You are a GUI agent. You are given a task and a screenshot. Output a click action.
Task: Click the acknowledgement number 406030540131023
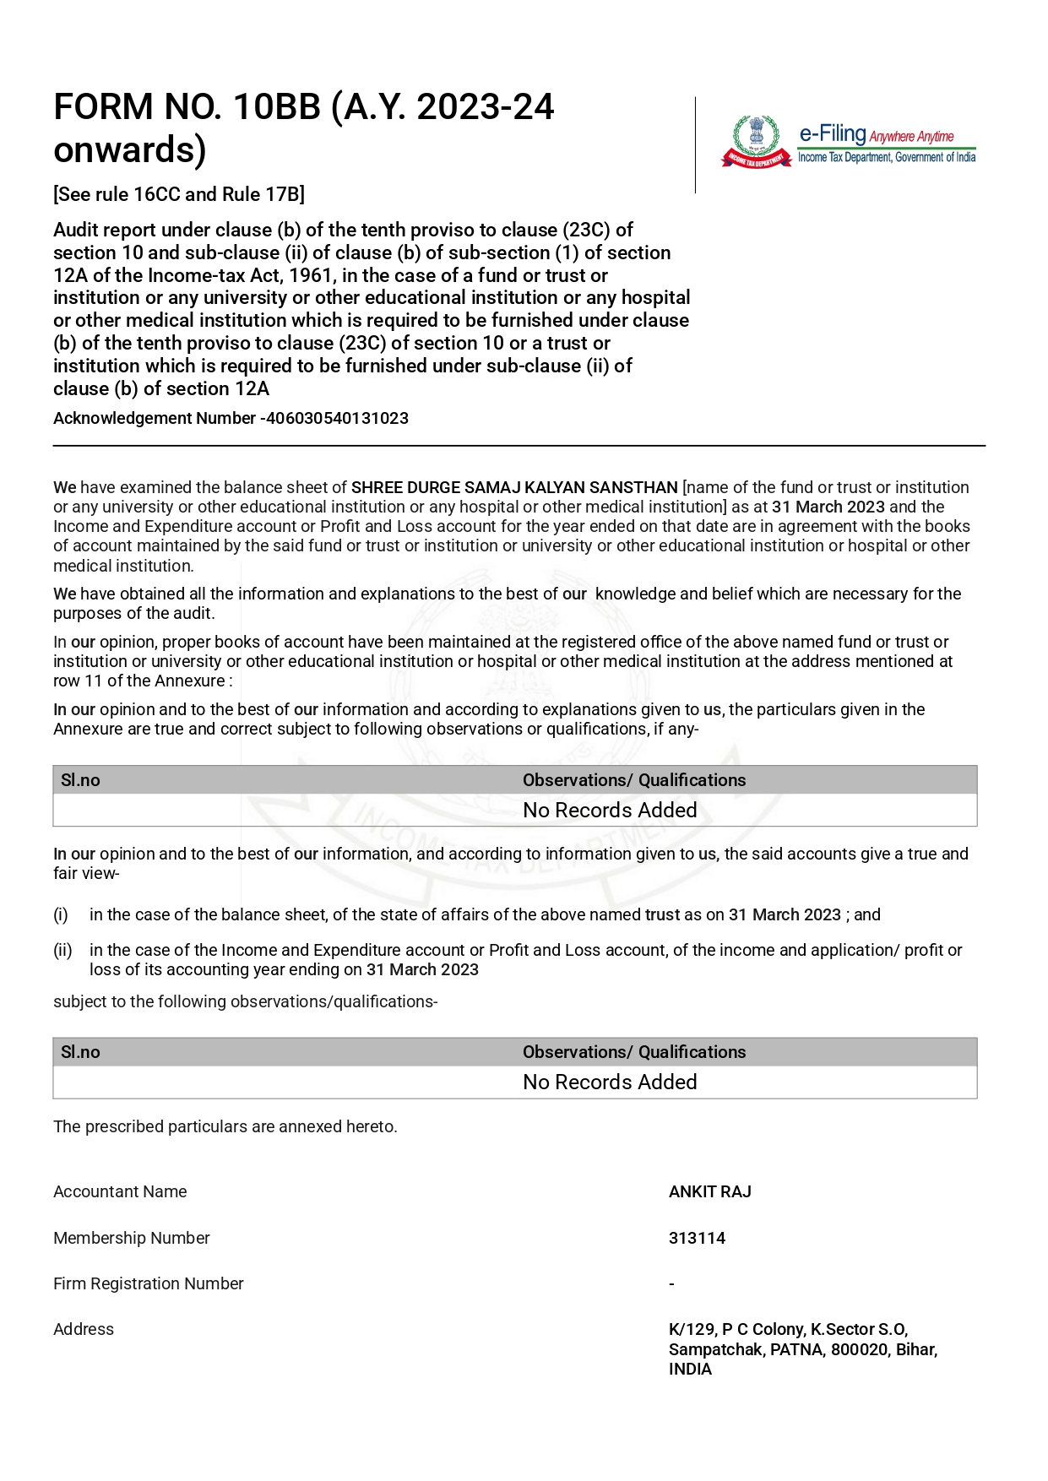pyautogui.click(x=337, y=418)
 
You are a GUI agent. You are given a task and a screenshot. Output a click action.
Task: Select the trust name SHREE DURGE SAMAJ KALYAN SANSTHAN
pyautogui.click(x=514, y=487)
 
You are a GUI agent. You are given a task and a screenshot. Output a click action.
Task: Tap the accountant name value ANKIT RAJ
pyautogui.click(x=709, y=1191)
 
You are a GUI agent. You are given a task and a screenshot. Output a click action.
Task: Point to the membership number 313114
pyautogui.click(x=697, y=1238)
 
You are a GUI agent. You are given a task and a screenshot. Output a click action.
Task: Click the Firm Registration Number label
pyautogui.click(x=148, y=1283)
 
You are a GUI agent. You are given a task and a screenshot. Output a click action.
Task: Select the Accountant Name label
pyautogui.click(x=120, y=1191)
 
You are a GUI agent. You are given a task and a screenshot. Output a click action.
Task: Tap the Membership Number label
pyautogui.click(x=131, y=1238)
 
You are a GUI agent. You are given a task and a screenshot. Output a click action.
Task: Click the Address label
pyautogui.click(x=84, y=1329)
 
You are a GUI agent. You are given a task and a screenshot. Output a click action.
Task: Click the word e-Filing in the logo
pyautogui.click(x=833, y=134)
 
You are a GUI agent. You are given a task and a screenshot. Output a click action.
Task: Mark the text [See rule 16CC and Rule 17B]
pyautogui.click(x=179, y=194)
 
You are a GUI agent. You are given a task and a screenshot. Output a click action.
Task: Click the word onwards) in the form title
pyautogui.click(x=130, y=149)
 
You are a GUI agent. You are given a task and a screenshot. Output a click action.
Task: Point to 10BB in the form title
pyautogui.click(x=277, y=107)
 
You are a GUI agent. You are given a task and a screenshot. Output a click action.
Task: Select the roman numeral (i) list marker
pyautogui.click(x=61, y=914)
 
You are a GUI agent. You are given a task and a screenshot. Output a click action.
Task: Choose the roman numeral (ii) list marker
pyautogui.click(x=62, y=950)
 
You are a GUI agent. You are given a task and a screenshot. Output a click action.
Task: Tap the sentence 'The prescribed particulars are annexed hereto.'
pyautogui.click(x=225, y=1126)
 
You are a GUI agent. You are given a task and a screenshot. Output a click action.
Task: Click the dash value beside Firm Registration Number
pyautogui.click(x=671, y=1284)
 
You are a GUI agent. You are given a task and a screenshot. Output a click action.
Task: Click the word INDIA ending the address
pyautogui.click(x=690, y=1369)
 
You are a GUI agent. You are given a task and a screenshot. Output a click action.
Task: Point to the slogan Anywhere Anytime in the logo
pyautogui.click(x=911, y=137)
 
